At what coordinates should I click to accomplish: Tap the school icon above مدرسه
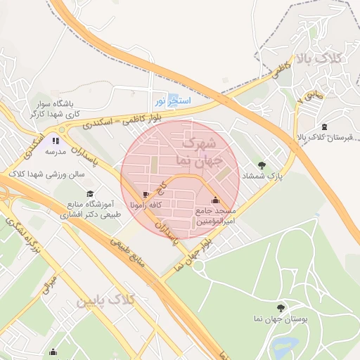[x=56, y=141]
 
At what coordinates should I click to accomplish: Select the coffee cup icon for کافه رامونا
[x=146, y=195]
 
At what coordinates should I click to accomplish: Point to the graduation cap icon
[x=89, y=193]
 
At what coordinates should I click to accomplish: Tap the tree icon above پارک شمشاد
[x=263, y=165]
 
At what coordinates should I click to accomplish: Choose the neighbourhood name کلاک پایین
[x=105, y=302]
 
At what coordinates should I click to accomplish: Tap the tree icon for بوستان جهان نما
[x=281, y=308]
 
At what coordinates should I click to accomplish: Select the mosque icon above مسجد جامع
[x=215, y=200]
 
